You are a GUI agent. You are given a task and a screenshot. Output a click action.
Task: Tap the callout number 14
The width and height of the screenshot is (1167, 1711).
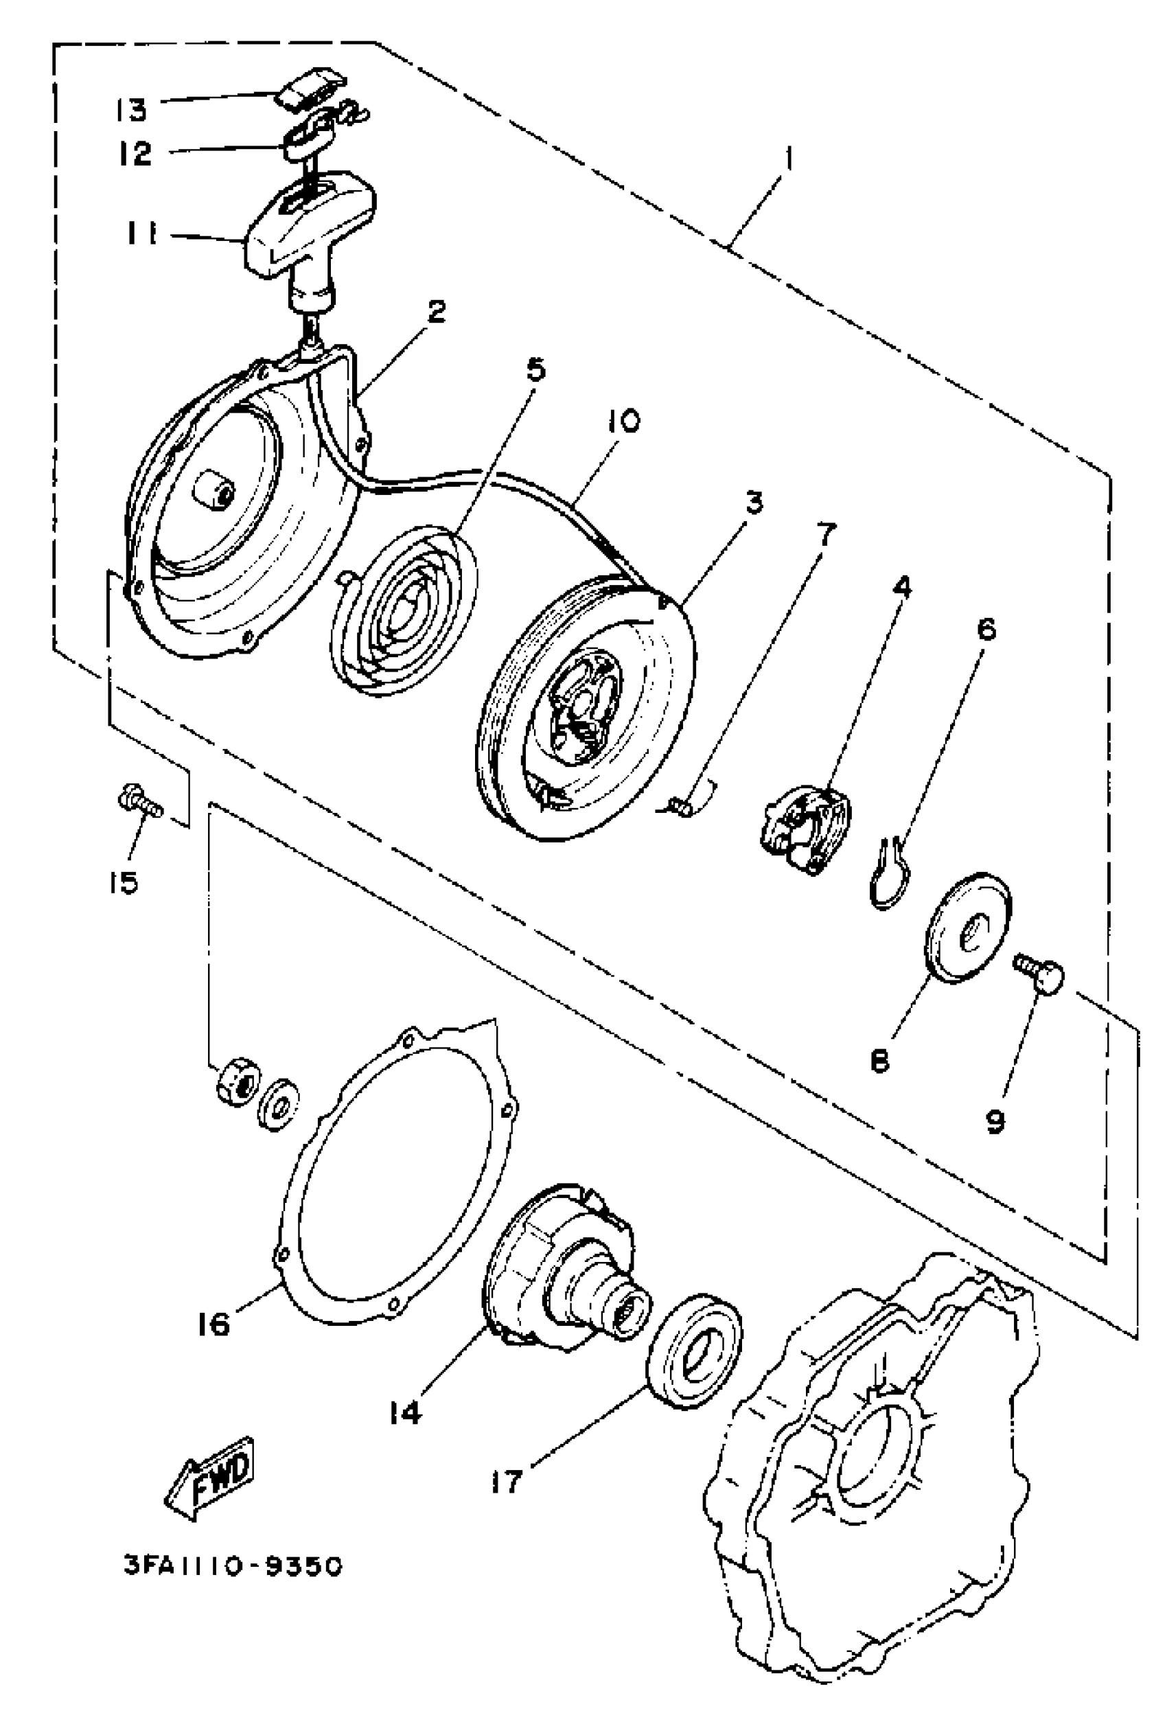[x=404, y=1412]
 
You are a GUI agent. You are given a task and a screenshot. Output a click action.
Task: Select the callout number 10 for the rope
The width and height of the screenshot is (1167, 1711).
[x=623, y=421]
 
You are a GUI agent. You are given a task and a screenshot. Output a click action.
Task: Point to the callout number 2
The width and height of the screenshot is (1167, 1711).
[x=435, y=312]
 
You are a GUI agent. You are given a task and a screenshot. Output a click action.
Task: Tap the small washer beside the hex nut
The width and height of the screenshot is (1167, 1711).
[x=277, y=1104]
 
